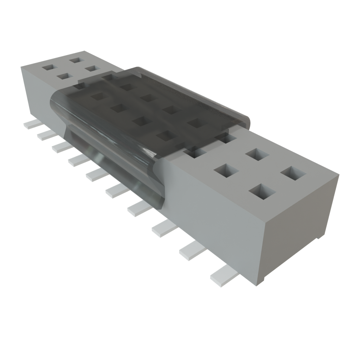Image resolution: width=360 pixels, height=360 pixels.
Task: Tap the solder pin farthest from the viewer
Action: (x=32, y=124)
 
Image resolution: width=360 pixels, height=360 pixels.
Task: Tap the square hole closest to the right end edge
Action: (x=293, y=173)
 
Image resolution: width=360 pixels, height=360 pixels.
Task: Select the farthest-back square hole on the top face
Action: (x=76, y=59)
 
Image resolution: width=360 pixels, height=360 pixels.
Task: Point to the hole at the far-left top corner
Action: (x=49, y=67)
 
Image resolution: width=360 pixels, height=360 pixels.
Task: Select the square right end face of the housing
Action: (x=299, y=225)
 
